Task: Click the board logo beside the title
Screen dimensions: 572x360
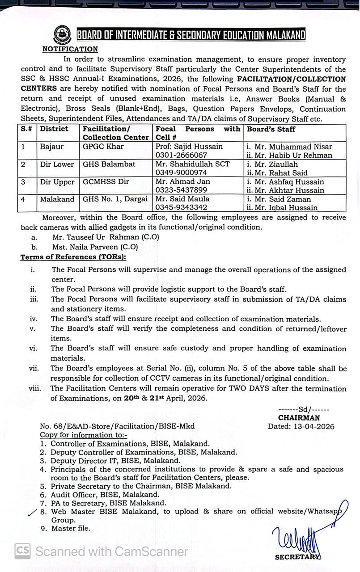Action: tap(62, 34)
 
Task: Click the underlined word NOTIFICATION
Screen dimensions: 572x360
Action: tap(70, 49)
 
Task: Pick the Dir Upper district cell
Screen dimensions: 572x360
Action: tap(57, 182)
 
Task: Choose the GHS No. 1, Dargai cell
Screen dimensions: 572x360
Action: tap(115, 199)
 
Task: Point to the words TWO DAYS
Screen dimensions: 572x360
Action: tap(254, 389)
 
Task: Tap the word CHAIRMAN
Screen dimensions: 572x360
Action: tap(299, 418)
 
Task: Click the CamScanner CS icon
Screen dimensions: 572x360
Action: tap(22, 551)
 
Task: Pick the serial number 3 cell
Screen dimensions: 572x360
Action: tap(23, 182)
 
